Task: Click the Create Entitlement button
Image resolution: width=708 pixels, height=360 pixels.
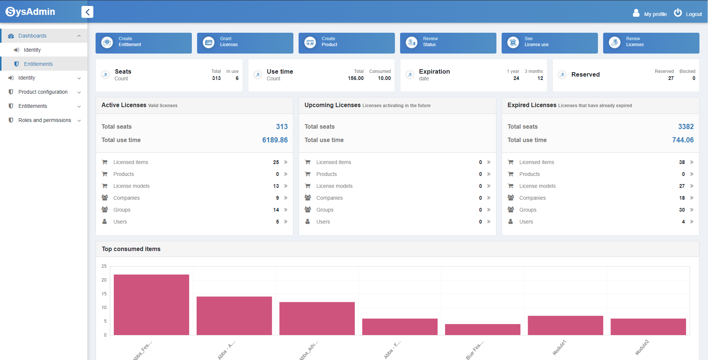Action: [x=144, y=43]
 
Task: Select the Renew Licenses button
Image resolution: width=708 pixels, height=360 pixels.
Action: [x=651, y=43]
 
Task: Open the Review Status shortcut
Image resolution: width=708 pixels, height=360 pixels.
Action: [x=448, y=43]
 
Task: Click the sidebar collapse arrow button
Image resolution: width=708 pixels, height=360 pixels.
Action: [x=87, y=12]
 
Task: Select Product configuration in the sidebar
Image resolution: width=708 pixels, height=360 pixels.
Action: [x=43, y=92]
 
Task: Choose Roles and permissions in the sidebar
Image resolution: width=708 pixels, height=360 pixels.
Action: [x=45, y=120]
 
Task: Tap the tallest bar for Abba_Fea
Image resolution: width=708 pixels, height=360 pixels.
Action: [x=151, y=305]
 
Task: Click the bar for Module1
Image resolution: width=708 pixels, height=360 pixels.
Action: [x=565, y=325]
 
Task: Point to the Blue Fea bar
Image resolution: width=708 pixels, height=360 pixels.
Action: [x=482, y=330]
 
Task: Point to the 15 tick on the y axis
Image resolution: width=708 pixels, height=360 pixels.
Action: [x=104, y=294]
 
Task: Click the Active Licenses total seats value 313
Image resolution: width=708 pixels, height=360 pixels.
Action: [x=281, y=127]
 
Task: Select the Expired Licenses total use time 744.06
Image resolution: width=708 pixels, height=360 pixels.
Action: [x=683, y=140]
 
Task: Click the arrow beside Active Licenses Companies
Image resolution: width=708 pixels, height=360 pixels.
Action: [x=286, y=198]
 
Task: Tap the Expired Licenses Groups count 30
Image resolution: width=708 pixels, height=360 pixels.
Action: [x=682, y=210]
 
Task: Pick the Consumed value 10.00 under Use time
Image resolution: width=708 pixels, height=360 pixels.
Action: [x=384, y=78]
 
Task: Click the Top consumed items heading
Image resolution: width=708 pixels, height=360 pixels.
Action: [x=131, y=249]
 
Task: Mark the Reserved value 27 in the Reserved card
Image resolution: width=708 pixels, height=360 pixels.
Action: [x=671, y=78]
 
